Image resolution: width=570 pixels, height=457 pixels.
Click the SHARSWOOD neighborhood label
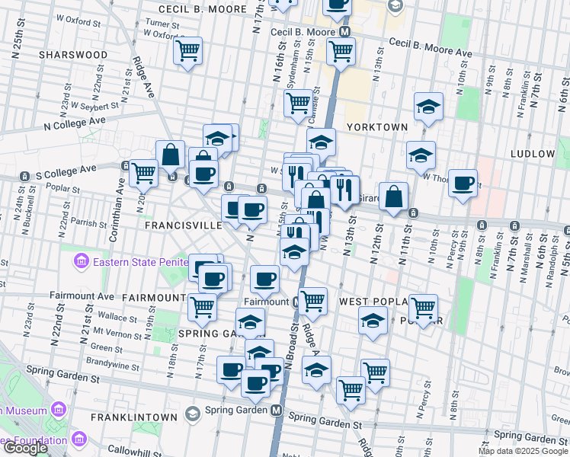coord(73,55)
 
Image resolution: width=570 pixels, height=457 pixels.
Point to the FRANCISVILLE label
coord(183,225)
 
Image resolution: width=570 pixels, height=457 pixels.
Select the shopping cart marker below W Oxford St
coord(187,51)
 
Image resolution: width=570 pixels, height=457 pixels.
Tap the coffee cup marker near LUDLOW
coord(463,184)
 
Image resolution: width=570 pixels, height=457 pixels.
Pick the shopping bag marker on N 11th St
coord(393,197)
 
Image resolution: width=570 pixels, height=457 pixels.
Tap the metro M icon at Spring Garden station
coord(278,410)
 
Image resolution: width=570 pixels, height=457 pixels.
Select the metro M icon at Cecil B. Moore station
coord(345,33)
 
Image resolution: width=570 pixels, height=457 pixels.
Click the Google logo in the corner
coord(24,448)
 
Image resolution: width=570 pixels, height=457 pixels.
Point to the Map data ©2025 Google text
coord(523,451)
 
